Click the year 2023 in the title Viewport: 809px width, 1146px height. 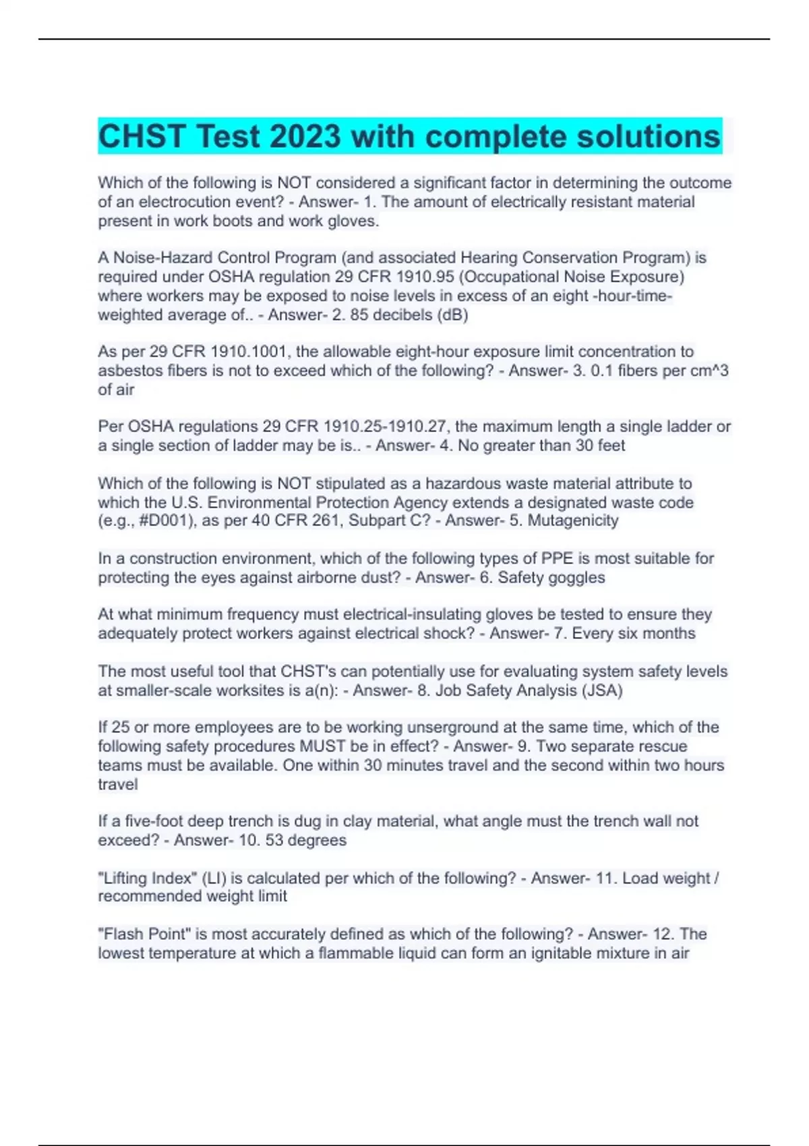pos(305,137)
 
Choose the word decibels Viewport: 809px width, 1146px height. pos(400,315)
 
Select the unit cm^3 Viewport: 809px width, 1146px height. pos(706,371)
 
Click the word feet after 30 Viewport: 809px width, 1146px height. pos(610,446)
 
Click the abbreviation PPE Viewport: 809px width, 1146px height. pos(558,558)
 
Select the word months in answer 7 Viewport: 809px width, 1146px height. pos(669,634)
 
